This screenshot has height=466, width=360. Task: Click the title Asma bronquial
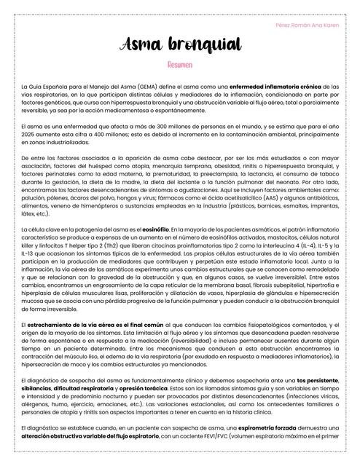coord(179,46)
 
